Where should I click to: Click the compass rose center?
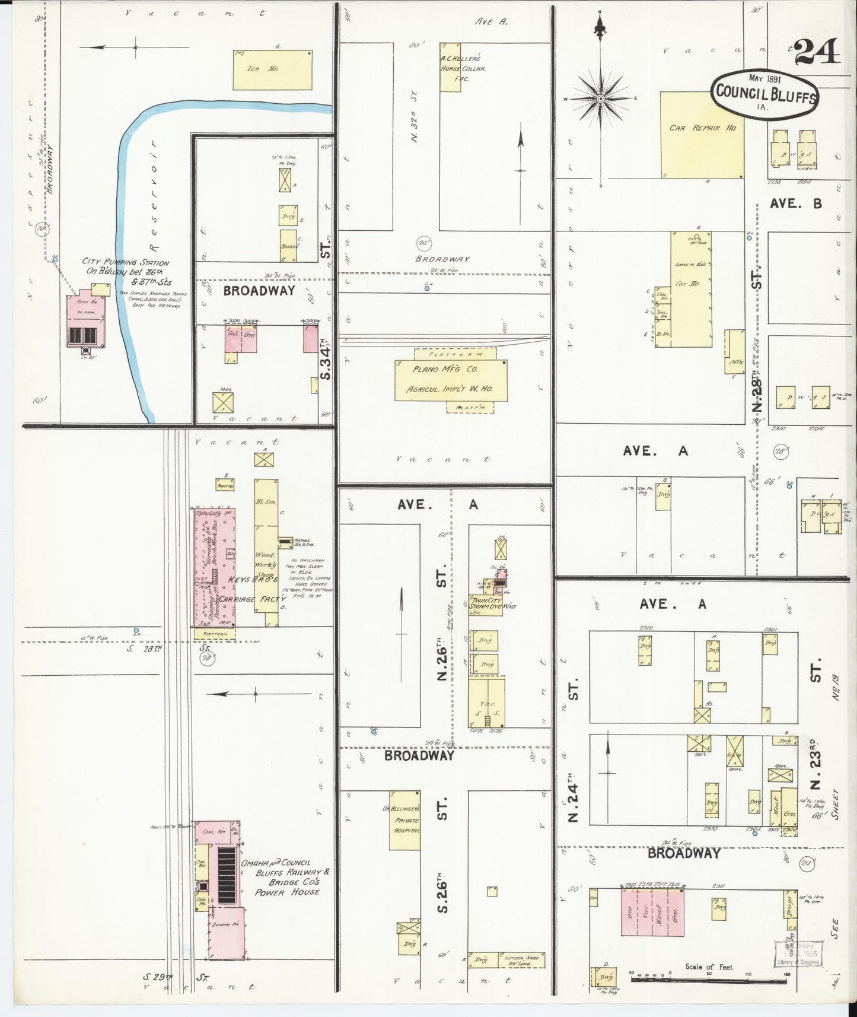600,98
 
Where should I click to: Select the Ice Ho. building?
272,70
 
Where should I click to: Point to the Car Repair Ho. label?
702,128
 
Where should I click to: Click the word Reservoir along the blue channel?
155,196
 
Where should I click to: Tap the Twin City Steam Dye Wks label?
486,606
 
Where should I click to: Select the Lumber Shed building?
520,959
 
